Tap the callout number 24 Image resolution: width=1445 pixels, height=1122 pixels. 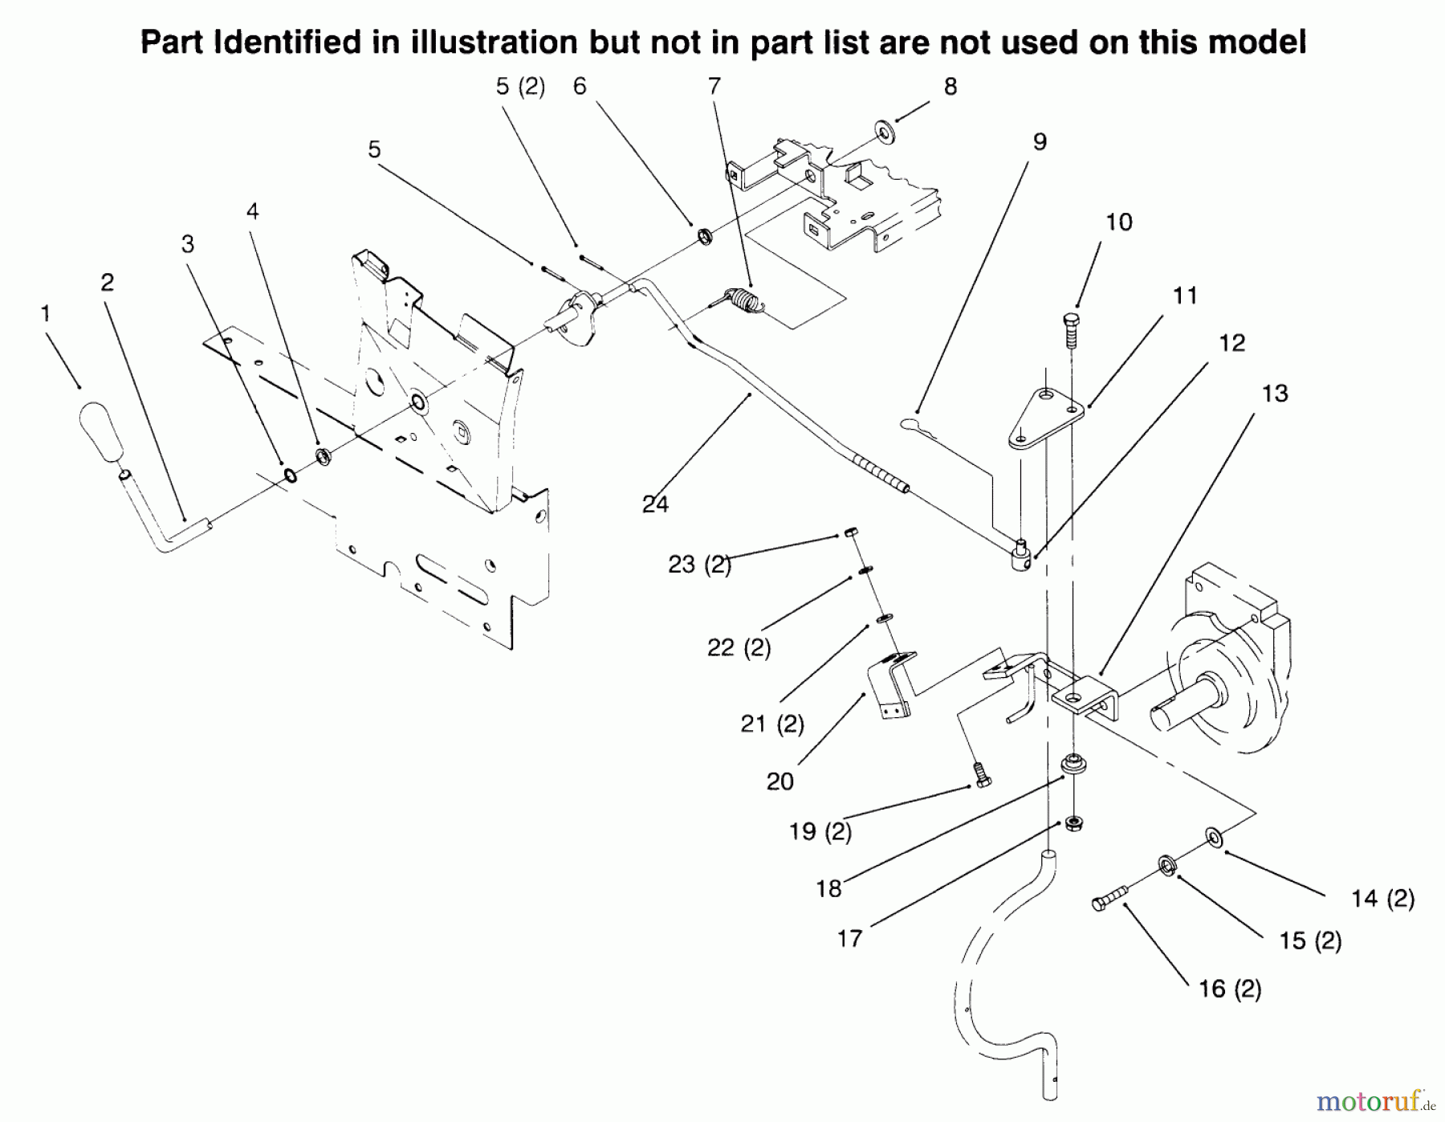tap(655, 504)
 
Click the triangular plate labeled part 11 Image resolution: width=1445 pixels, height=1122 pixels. tap(1044, 418)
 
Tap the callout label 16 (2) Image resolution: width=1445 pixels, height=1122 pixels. tap(1229, 989)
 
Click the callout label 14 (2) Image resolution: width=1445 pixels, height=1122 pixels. tap(1382, 898)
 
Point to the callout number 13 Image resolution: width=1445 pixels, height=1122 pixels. tap(1275, 394)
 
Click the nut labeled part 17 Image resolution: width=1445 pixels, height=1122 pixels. tap(1074, 822)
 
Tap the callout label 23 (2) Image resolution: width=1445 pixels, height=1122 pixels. tap(699, 565)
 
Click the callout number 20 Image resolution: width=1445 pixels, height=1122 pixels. tap(779, 781)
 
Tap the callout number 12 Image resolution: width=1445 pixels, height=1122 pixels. tap(1231, 343)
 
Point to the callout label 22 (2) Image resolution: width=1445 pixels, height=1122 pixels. tap(739, 647)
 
